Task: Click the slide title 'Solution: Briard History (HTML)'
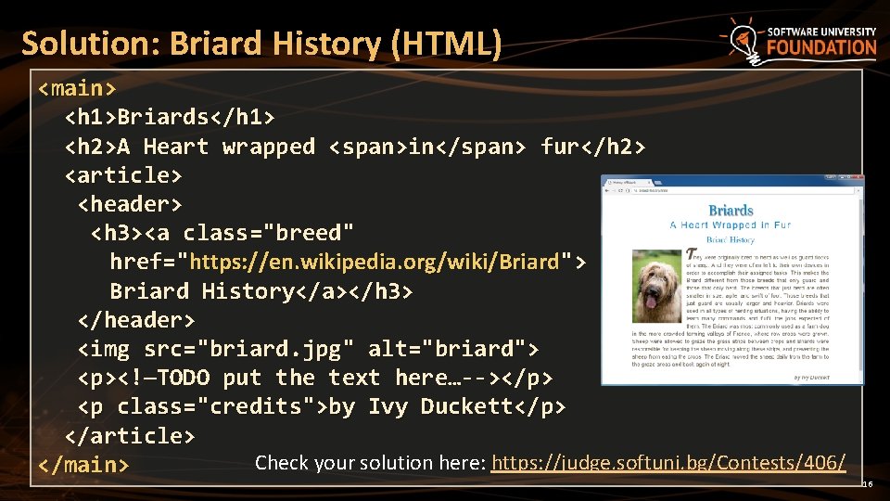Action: [261, 44]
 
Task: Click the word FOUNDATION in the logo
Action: [821, 48]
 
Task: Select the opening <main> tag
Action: [77, 89]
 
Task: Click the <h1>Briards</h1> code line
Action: [170, 118]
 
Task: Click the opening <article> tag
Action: [123, 175]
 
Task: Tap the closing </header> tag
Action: [136, 320]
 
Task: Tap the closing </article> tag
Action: [130, 435]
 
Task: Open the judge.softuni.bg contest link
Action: [667, 462]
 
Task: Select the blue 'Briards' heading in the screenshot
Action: [731, 211]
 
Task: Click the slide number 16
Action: [868, 484]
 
